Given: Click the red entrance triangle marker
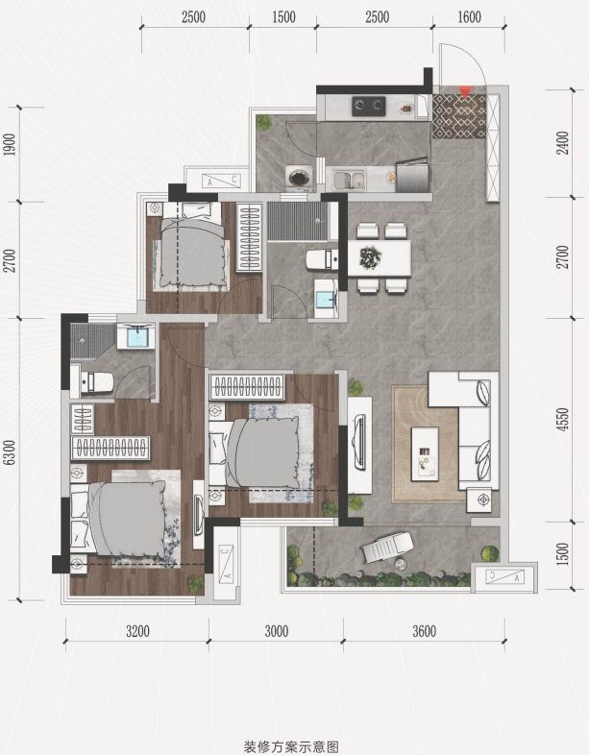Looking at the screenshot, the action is tap(465, 91).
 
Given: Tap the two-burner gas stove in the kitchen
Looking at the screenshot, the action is tap(369, 107).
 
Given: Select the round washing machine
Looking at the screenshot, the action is tap(300, 178).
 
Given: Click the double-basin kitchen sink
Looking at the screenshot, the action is tap(349, 180).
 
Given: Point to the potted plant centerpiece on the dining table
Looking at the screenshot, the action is tap(370, 257).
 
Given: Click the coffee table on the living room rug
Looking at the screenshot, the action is tap(425, 453).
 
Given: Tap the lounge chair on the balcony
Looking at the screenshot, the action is tap(388, 547).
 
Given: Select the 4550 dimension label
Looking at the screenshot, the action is tap(562, 420).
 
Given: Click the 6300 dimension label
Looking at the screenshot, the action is tap(10, 452).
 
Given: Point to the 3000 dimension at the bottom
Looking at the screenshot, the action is tap(277, 631).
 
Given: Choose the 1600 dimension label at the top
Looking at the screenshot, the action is tap(469, 17).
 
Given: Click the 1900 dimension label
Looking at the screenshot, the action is tap(10, 144).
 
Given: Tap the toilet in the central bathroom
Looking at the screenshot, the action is tap(322, 260).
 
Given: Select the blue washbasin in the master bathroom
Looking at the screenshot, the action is tap(136, 335).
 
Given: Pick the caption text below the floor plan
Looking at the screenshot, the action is tap(291, 746).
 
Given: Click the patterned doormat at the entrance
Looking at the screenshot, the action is tap(459, 116).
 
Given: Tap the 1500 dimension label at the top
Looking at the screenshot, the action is tap(283, 17).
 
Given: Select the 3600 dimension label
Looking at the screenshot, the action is tap(425, 631).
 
